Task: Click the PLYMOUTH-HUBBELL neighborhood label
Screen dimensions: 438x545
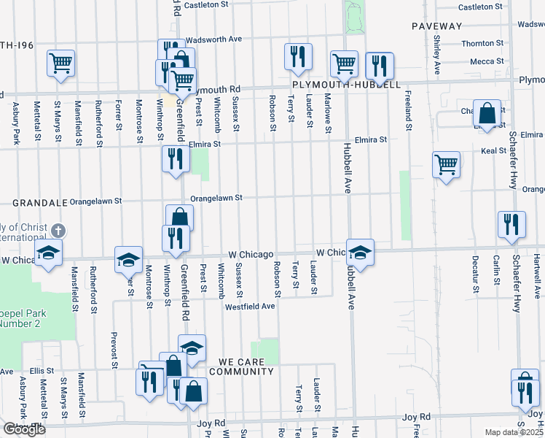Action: (346, 85)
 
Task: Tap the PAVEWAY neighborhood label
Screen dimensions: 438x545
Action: (437, 26)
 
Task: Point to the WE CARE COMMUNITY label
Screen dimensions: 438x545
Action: (241, 366)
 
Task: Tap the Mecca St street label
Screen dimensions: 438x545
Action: (482, 62)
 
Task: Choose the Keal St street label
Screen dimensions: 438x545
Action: (493, 151)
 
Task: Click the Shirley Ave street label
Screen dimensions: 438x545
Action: (436, 55)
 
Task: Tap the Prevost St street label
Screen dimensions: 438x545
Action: (114, 343)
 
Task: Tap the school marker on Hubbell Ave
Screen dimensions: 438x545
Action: (360, 252)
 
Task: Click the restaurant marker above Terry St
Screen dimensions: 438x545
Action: (298, 57)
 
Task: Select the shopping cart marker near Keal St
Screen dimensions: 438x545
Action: (446, 164)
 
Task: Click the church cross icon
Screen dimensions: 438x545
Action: (59, 230)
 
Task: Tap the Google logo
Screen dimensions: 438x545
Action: (24, 429)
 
